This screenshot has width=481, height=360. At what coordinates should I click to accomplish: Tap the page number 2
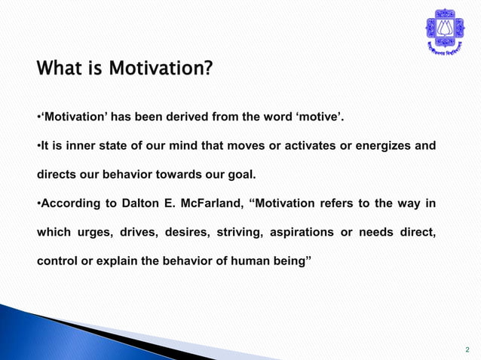[467, 349]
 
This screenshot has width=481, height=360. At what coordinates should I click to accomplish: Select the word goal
[240, 175]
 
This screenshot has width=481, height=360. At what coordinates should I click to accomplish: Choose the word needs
[376, 233]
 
